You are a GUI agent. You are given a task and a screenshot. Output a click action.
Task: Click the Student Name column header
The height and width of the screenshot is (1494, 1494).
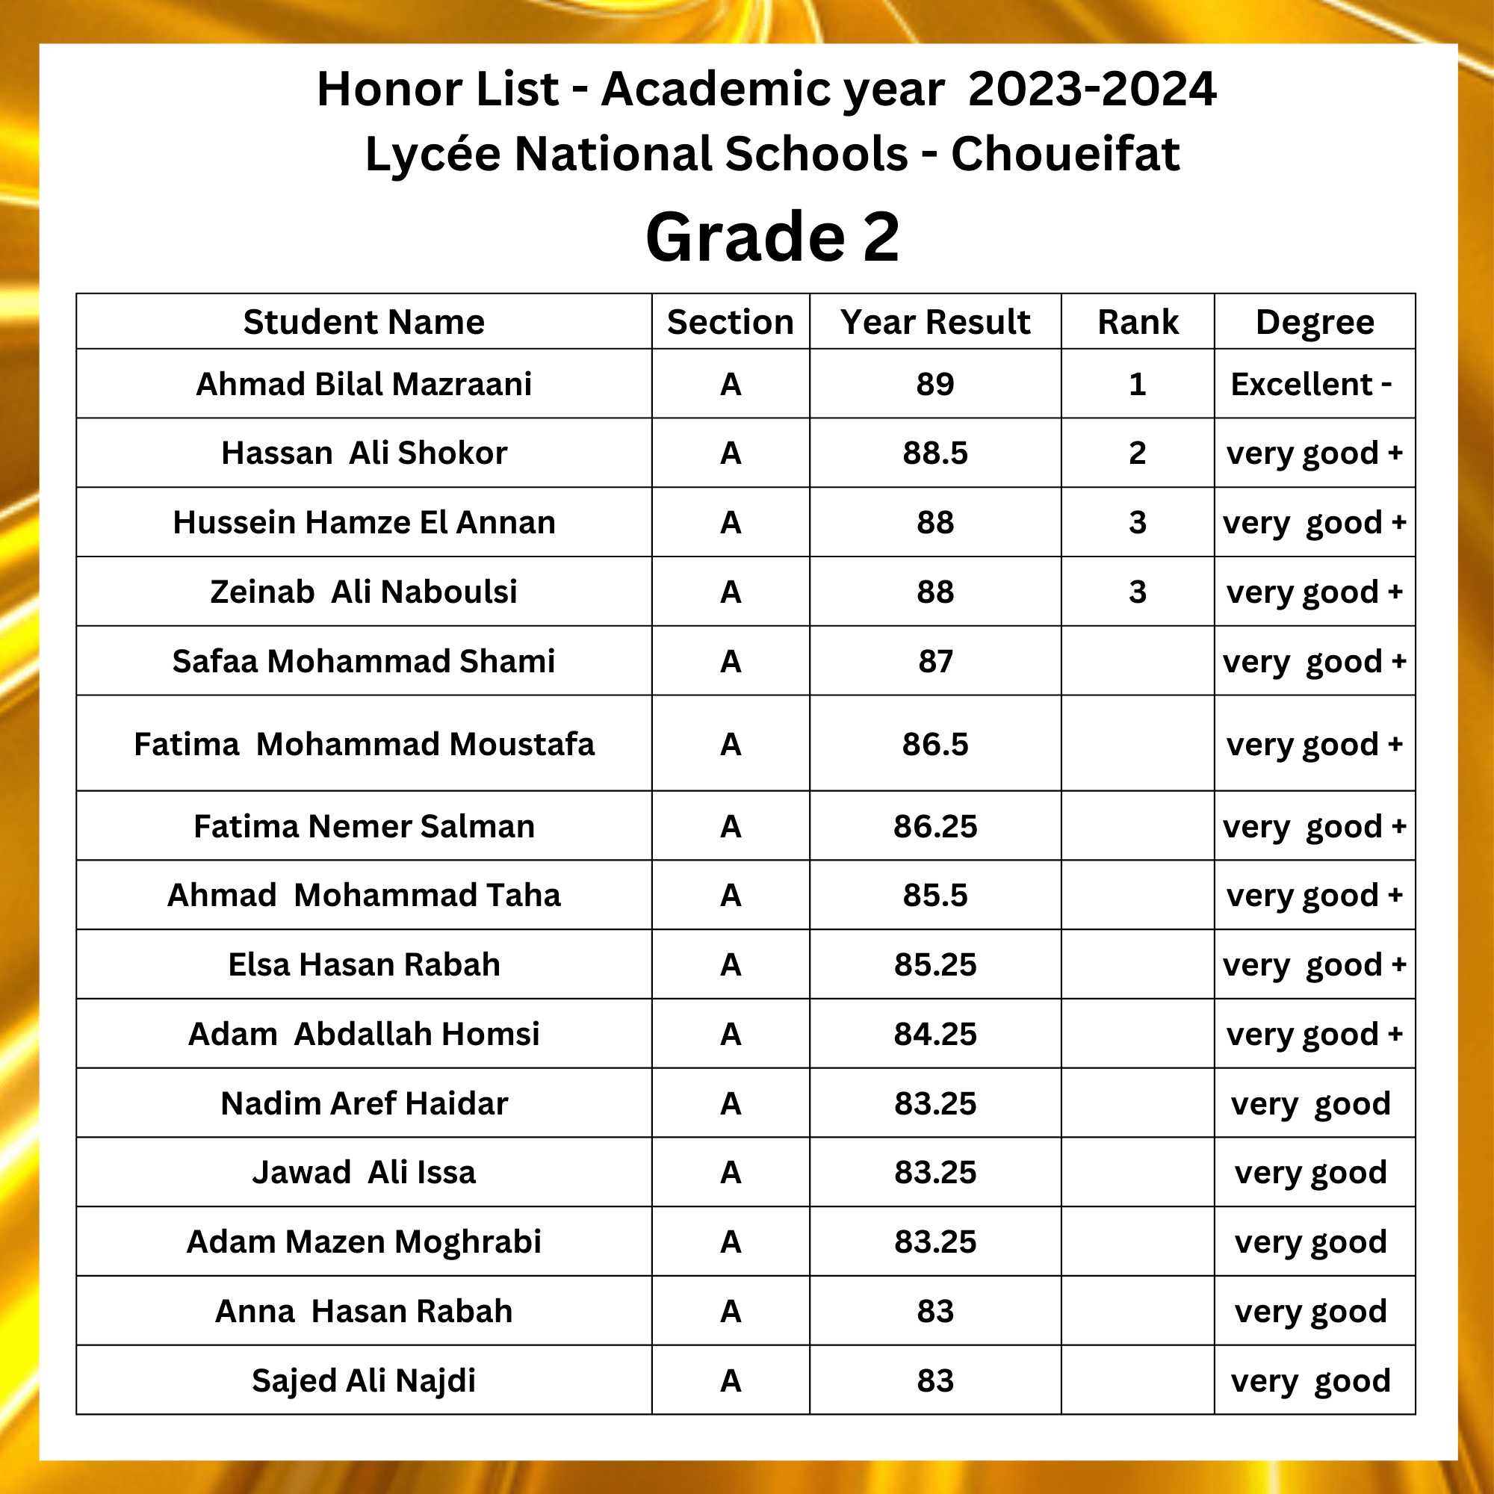364,322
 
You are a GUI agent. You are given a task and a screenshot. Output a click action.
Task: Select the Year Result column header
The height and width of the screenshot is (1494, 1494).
935,322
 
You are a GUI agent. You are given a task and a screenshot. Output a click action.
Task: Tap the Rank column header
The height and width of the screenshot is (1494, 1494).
1138,322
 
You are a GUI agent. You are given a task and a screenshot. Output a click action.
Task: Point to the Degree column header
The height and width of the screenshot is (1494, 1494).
1315,322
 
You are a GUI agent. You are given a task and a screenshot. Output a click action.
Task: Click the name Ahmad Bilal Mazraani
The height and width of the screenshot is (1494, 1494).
364,383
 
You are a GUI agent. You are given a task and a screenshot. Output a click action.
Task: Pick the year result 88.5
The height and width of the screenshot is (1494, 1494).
935,453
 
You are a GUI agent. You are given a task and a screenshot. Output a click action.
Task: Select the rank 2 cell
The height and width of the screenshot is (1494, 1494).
1137,453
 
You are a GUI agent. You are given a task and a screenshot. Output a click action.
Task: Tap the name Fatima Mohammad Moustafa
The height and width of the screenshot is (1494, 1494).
364,744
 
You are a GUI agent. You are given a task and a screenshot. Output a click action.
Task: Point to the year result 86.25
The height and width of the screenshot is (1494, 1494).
935,826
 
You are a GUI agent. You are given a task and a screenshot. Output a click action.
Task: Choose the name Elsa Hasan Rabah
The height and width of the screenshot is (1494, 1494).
364,964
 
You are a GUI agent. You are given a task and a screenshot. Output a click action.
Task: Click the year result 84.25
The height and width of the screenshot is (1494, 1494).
935,1034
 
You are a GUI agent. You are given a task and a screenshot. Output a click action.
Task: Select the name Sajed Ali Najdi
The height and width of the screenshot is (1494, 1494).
364,1380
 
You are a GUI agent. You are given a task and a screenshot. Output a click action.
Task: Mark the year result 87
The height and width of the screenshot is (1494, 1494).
935,661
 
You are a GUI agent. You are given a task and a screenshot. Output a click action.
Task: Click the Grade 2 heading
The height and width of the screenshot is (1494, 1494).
772,237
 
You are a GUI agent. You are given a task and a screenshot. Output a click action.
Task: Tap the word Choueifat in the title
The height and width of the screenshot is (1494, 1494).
1064,153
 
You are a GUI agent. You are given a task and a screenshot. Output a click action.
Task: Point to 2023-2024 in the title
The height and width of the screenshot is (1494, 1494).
1092,88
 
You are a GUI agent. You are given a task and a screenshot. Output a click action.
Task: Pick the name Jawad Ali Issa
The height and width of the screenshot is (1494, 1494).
364,1172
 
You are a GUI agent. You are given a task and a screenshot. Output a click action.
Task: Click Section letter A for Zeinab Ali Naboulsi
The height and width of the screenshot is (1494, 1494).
731,592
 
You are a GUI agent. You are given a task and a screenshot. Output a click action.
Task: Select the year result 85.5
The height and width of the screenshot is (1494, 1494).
935,895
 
